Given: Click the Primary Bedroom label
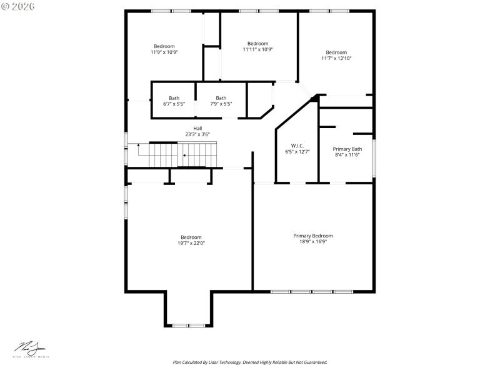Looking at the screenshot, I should coord(313,236).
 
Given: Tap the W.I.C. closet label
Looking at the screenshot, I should coord(297,145).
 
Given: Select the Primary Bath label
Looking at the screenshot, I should coord(347,149).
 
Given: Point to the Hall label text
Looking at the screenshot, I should coord(197,128).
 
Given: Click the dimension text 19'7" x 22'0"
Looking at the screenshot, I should coord(191,243).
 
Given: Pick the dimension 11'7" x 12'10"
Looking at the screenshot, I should coord(336,58).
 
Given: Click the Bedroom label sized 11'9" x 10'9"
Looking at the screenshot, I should coord(164,46).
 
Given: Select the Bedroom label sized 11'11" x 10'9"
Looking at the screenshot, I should coord(257,43).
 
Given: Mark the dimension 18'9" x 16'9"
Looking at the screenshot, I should coord(313,241).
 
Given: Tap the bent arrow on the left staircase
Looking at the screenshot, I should coord(139,148).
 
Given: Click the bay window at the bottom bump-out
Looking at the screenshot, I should coord(189,325).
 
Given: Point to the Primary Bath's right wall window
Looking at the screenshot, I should coord(374,158).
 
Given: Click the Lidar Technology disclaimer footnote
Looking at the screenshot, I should coord(250,362).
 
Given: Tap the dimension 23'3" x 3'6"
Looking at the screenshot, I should coord(197,134).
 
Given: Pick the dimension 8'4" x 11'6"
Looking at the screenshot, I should coord(347,155).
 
